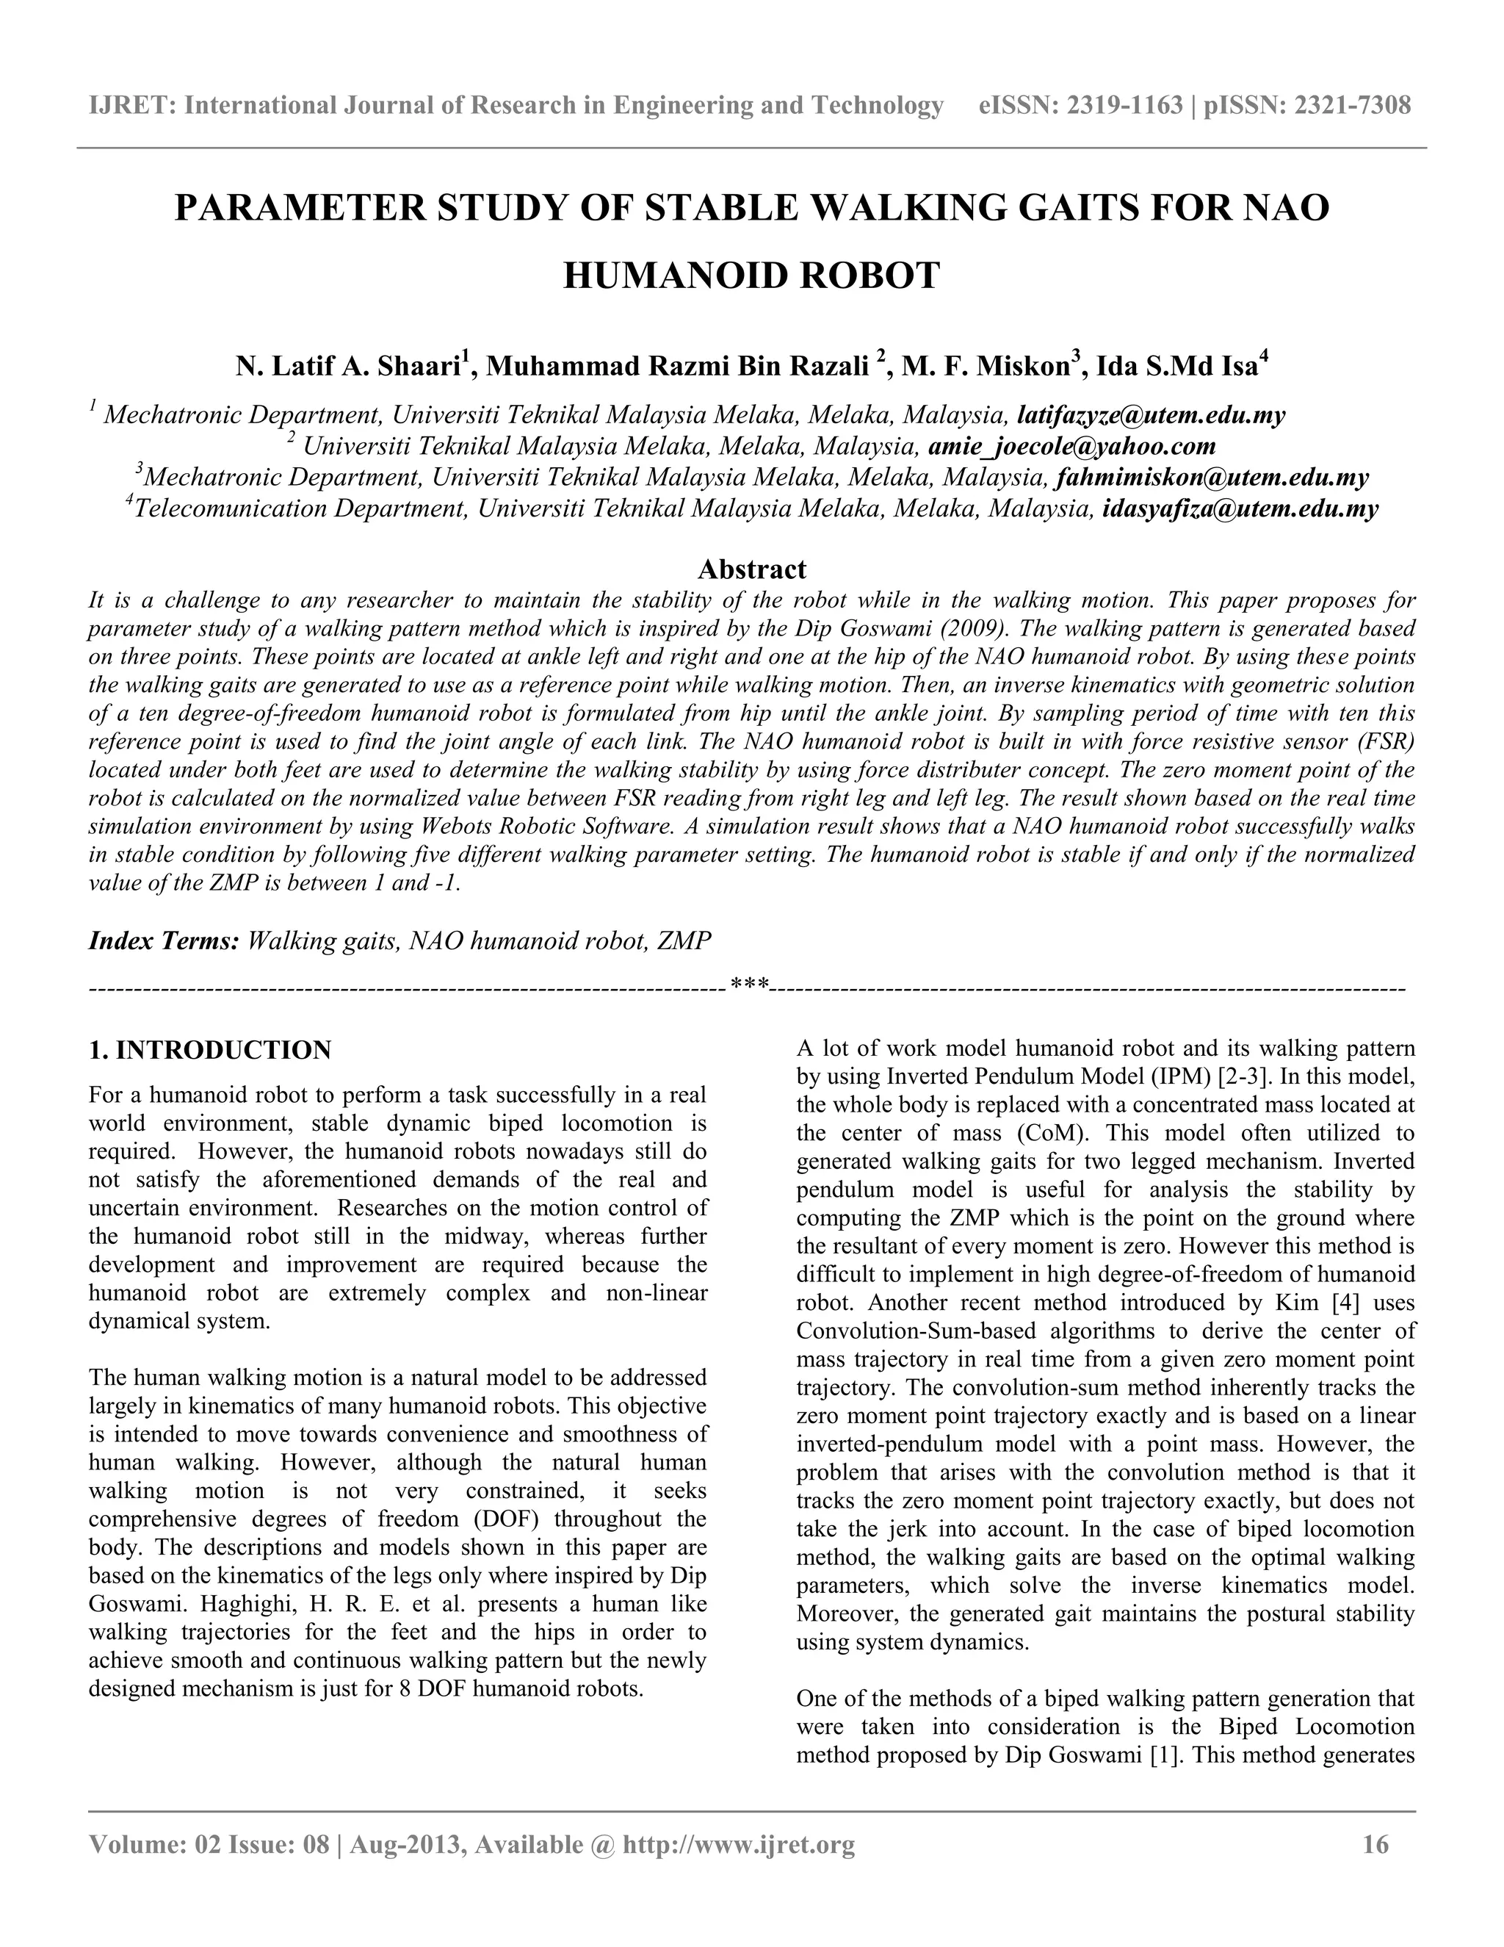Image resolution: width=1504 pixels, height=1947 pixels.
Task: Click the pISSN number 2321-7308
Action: point(1352,106)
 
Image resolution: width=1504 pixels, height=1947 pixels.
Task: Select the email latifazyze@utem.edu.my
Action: point(1151,415)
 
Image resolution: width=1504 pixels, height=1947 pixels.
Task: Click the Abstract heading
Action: point(751,569)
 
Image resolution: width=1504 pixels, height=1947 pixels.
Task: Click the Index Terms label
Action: point(163,941)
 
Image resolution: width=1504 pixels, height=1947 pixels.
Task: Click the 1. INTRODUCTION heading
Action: point(210,1050)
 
